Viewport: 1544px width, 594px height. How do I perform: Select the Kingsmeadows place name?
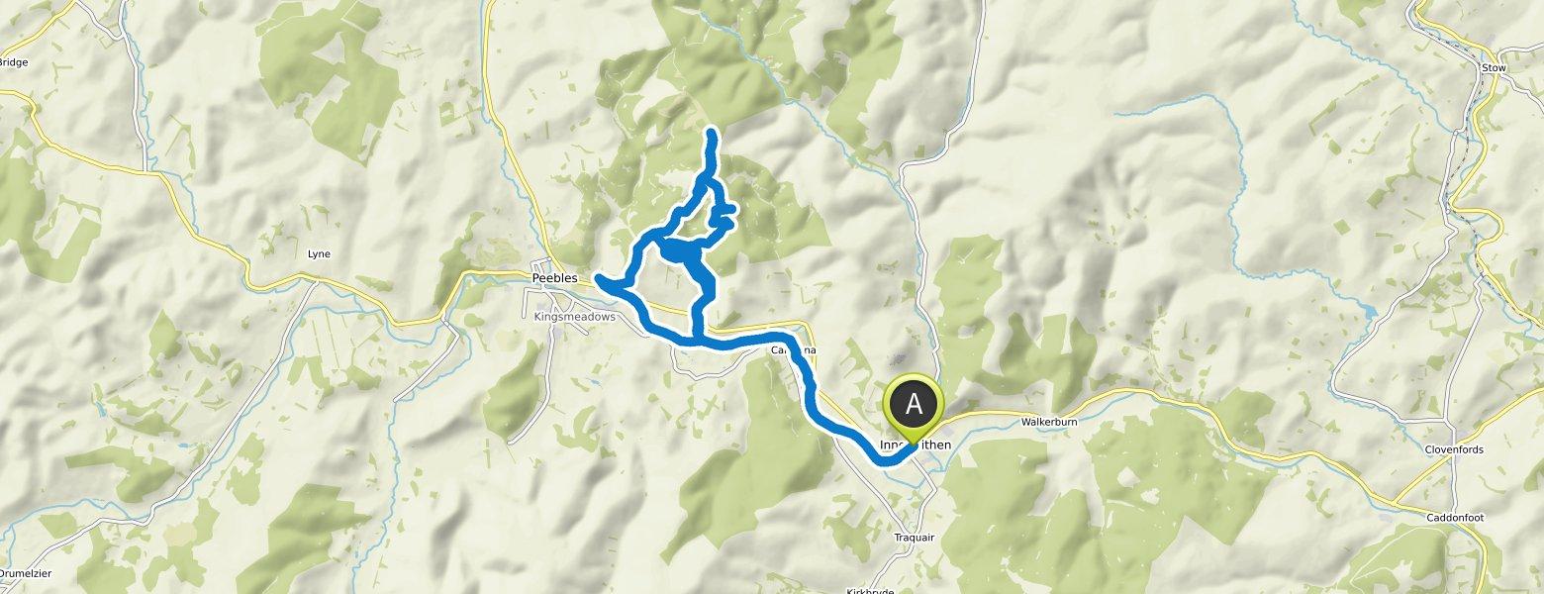click(574, 317)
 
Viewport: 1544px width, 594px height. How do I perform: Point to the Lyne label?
click(319, 254)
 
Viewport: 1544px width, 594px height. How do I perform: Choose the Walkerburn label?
click(1048, 422)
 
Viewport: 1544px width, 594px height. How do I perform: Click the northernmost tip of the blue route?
click(712, 132)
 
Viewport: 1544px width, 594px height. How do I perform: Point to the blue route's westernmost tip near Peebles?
click(598, 276)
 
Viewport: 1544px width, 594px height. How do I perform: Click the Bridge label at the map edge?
click(14, 61)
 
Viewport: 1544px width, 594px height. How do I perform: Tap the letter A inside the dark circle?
click(914, 404)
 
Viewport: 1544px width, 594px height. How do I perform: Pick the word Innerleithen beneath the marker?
click(915, 445)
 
